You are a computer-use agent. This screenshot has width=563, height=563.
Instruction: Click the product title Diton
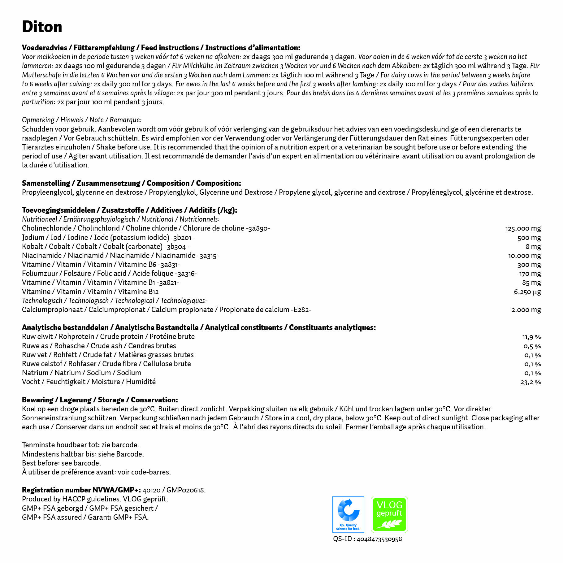[x=42, y=27]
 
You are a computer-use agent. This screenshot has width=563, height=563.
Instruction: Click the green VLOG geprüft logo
[x=389, y=514]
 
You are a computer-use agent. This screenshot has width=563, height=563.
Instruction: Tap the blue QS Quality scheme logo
[x=348, y=514]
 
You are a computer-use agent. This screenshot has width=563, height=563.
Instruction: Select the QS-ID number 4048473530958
[x=379, y=539]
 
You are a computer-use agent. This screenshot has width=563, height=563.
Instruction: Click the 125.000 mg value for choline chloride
[x=523, y=228]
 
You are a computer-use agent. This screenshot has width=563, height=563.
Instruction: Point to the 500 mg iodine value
[x=529, y=238]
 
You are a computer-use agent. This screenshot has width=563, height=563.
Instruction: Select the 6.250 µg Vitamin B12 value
[x=527, y=292]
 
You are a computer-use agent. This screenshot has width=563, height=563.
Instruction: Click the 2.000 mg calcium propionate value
[x=526, y=310]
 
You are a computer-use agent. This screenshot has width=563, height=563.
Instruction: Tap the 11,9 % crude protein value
[x=531, y=337]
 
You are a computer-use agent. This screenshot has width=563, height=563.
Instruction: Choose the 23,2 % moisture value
[x=531, y=382]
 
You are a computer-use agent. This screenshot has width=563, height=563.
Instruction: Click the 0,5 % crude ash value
[x=532, y=346]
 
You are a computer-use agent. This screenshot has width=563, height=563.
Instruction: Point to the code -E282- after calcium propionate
[x=301, y=310]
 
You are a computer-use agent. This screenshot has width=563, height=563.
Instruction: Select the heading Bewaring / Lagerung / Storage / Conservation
[x=100, y=400]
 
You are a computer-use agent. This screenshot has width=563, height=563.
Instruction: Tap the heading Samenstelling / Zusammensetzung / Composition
[x=131, y=183]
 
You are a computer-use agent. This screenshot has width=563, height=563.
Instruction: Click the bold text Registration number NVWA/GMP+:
[x=81, y=490]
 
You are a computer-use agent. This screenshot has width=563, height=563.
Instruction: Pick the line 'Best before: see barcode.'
[x=61, y=463]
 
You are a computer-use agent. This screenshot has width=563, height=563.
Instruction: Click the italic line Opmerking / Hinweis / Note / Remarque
[x=81, y=120]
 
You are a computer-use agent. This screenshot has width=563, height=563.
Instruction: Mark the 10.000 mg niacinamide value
[x=524, y=256]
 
